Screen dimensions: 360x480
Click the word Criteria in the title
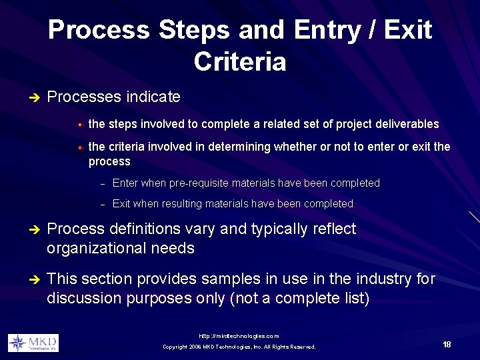pyautogui.click(x=240, y=62)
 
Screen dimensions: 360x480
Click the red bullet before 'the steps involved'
pyautogui.click(x=79, y=125)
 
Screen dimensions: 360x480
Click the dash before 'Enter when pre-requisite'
pyautogui.click(x=103, y=184)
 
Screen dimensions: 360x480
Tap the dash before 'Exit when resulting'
pyautogui.click(x=103, y=205)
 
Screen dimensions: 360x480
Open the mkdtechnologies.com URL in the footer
pyautogui.click(x=239, y=336)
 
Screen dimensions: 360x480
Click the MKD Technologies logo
pyautogui.click(x=33, y=343)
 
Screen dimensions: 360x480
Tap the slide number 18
pyautogui.click(x=447, y=345)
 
